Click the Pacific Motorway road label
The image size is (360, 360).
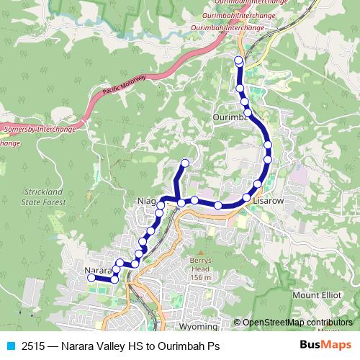(x=125, y=84)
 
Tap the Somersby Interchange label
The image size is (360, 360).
(x=40, y=130)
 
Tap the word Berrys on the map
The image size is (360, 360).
(x=199, y=261)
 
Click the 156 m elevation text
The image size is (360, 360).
(x=199, y=278)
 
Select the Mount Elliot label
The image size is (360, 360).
(x=318, y=294)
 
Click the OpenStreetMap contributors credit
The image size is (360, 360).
(x=297, y=323)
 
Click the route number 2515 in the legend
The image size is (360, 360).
(x=32, y=346)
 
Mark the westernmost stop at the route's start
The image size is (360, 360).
(x=91, y=277)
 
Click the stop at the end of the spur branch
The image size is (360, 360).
(x=185, y=163)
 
